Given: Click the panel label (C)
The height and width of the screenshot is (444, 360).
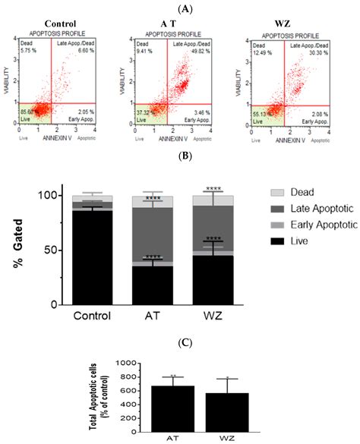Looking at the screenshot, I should tap(180, 342).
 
